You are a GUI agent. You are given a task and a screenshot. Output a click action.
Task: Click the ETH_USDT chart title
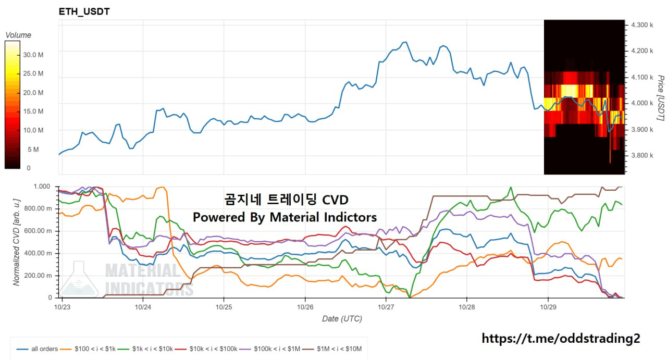(x=84, y=11)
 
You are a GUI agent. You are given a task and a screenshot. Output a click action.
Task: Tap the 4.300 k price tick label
(x=641, y=25)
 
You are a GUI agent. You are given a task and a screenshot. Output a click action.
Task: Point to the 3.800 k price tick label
(x=641, y=155)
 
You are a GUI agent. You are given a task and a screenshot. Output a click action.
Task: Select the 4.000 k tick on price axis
(x=641, y=103)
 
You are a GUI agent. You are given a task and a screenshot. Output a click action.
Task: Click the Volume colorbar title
(x=18, y=35)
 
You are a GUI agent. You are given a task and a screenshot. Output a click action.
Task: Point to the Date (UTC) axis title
(x=342, y=318)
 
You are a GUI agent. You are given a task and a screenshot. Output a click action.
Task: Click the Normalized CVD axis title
(x=17, y=242)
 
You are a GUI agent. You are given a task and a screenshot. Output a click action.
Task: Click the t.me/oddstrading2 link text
(x=561, y=339)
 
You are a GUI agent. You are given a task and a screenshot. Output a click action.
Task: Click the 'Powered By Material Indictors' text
(x=285, y=217)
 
